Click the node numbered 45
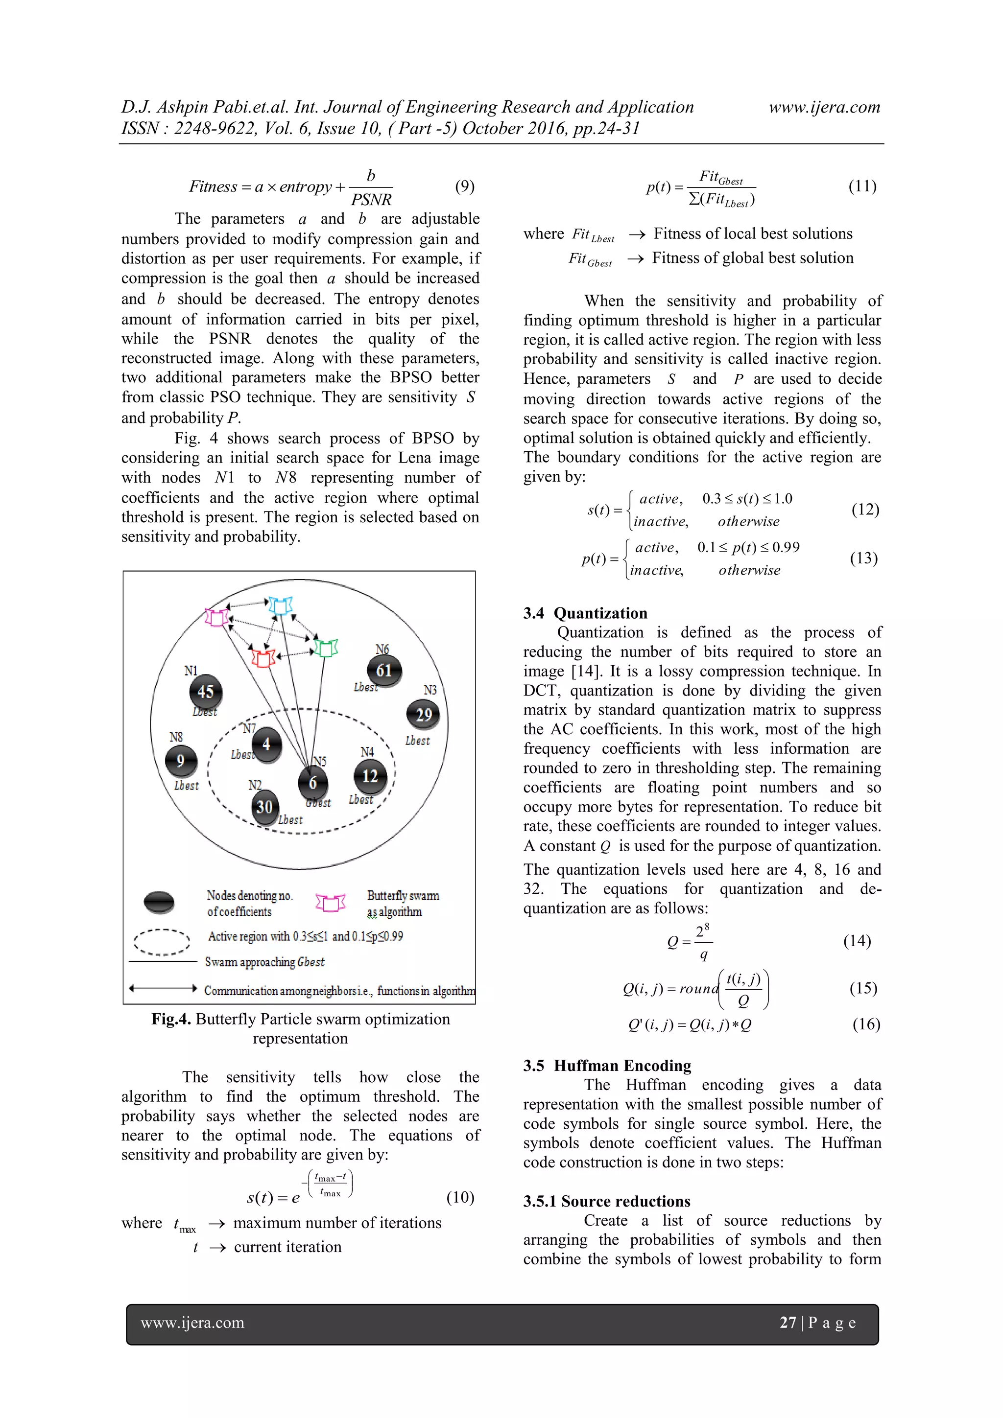coord(206,691)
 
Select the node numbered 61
coord(384,670)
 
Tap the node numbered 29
coord(423,715)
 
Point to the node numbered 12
coord(370,776)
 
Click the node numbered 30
coord(264,807)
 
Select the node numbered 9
coord(180,760)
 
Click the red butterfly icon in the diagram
coord(264,658)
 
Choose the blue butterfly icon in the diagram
coord(280,606)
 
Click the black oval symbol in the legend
coord(159,902)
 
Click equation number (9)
coord(464,186)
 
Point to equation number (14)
coord(857,941)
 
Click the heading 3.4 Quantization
coord(585,613)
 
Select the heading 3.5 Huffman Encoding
coord(607,1066)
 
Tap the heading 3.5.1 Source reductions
coord(606,1201)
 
